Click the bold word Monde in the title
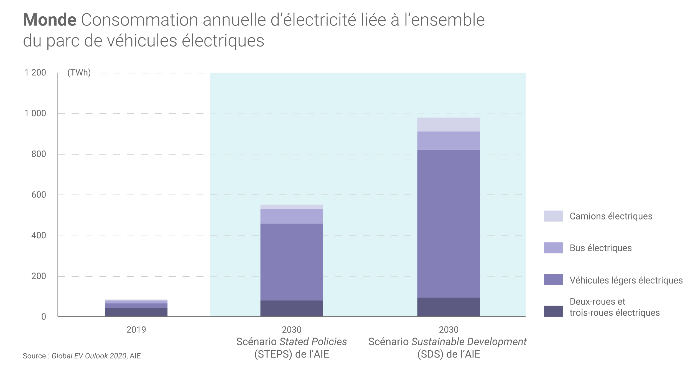click(x=50, y=20)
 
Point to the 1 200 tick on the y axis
click(x=35, y=73)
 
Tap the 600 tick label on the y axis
click(x=39, y=195)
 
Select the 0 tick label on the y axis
click(x=44, y=317)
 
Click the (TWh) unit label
click(x=79, y=73)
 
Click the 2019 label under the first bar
click(x=136, y=330)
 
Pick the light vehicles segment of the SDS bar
click(x=448, y=224)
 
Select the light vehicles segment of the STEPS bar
click(x=291, y=262)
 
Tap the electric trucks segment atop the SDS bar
click(x=448, y=125)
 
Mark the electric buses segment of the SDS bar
click(x=448, y=141)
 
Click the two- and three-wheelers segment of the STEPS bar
click(x=291, y=308)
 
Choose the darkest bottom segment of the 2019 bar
click(x=136, y=312)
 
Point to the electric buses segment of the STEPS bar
click(x=291, y=216)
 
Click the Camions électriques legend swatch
click(x=553, y=216)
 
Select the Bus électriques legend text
click(x=600, y=248)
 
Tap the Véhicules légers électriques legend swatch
click(x=553, y=280)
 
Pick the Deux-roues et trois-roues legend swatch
click(x=553, y=311)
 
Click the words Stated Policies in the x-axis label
click(x=313, y=342)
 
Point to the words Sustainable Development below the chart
click(x=469, y=342)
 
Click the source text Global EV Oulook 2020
click(x=89, y=356)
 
